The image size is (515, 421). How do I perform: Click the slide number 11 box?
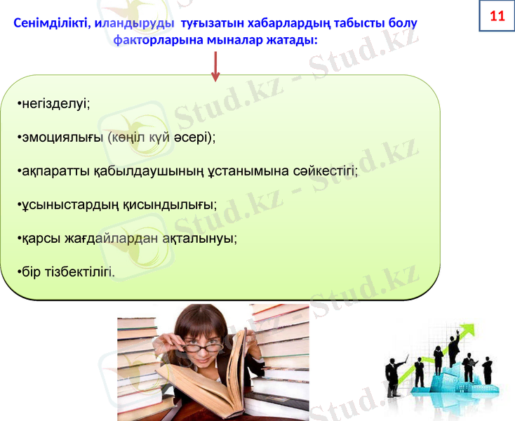point(497,16)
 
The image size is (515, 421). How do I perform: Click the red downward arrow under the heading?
point(215,66)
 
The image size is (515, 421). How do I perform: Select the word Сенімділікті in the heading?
point(52,23)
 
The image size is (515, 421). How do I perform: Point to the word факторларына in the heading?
point(158,40)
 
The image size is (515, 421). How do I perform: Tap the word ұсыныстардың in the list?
point(62,204)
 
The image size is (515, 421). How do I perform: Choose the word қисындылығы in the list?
point(174,204)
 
